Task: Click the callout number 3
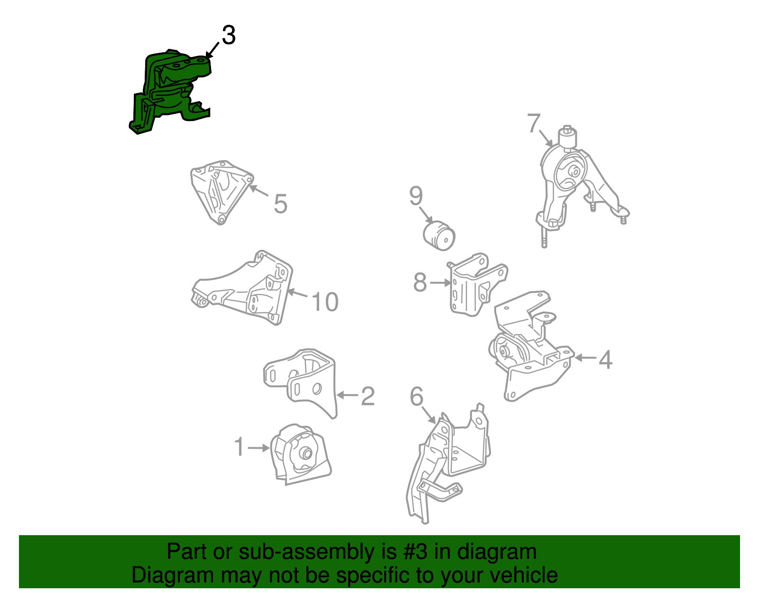click(x=229, y=35)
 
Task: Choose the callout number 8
click(x=420, y=282)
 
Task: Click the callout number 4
click(x=606, y=359)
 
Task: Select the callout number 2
click(x=368, y=396)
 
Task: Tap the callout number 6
click(x=417, y=396)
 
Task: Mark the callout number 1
click(x=239, y=447)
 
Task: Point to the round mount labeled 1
click(x=300, y=455)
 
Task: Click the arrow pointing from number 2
click(x=348, y=395)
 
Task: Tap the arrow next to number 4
click(x=585, y=358)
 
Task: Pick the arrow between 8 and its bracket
click(x=440, y=282)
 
